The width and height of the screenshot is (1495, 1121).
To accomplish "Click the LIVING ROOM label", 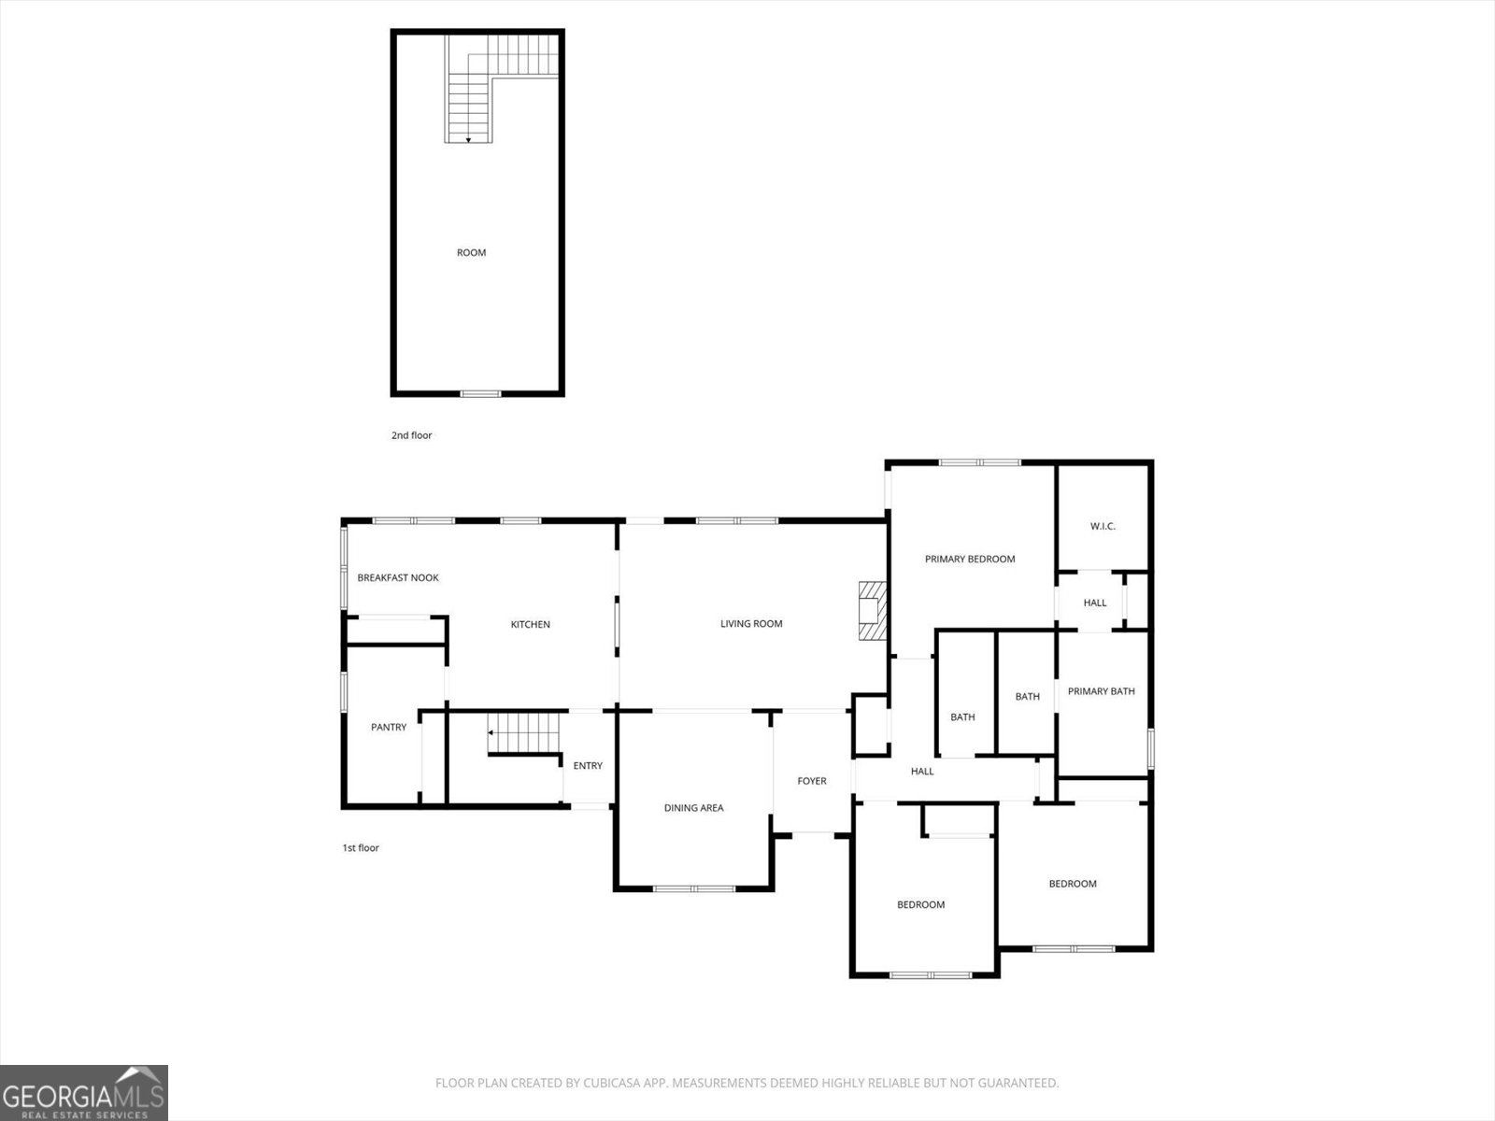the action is pyautogui.click(x=751, y=623).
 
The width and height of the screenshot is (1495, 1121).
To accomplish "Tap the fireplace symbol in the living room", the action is pyautogui.click(x=873, y=611).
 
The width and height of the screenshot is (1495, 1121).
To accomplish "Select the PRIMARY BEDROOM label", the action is pyautogui.click(x=970, y=559).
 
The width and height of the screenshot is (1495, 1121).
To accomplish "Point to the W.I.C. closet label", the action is pyautogui.click(x=1103, y=526).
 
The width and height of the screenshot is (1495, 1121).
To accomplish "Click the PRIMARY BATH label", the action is pyautogui.click(x=1102, y=691).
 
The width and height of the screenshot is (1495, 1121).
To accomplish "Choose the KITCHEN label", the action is pyautogui.click(x=531, y=624).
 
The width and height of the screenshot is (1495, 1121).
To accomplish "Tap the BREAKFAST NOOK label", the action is pyautogui.click(x=398, y=578).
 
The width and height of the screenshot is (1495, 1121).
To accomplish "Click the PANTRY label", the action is pyautogui.click(x=389, y=727).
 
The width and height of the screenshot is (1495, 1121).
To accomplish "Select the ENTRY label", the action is pyautogui.click(x=588, y=766).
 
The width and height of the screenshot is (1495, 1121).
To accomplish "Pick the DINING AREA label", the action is pyautogui.click(x=694, y=808).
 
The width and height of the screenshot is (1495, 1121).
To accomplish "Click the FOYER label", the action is pyautogui.click(x=812, y=781).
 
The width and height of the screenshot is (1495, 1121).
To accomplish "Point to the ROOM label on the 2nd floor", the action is pyautogui.click(x=471, y=252).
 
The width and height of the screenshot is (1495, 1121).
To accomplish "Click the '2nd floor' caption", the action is pyautogui.click(x=411, y=435).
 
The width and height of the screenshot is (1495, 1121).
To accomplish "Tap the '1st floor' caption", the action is pyautogui.click(x=361, y=847).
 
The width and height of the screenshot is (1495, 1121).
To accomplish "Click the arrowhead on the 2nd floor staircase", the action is pyautogui.click(x=469, y=140).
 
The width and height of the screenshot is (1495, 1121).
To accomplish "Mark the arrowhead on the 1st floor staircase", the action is pyautogui.click(x=491, y=732).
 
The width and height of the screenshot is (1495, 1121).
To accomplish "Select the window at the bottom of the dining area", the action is pyautogui.click(x=694, y=889).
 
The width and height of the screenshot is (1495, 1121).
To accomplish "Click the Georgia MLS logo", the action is pyautogui.click(x=84, y=1092).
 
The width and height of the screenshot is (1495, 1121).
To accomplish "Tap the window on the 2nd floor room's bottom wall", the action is pyautogui.click(x=481, y=394).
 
